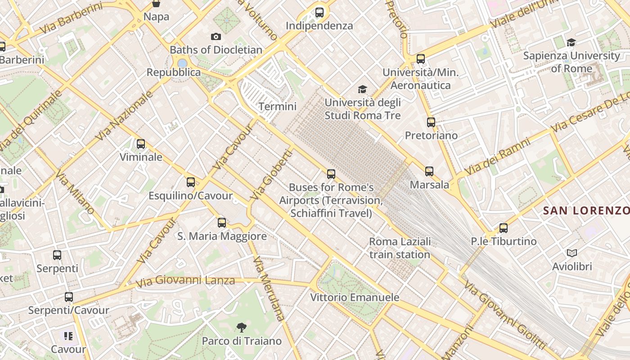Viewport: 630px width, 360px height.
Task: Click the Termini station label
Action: [278, 107]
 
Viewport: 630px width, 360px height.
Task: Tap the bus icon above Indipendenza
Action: [319, 13]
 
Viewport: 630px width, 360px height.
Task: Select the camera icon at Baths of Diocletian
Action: [216, 37]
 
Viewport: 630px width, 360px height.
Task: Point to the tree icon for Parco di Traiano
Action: [242, 327]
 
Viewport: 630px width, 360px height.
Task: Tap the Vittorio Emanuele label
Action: [355, 297]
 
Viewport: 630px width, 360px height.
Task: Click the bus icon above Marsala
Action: [429, 171]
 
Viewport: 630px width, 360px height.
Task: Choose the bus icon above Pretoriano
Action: [431, 122]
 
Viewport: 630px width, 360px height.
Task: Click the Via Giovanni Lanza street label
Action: [185, 281]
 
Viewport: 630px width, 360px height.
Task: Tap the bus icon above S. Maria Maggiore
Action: [222, 223]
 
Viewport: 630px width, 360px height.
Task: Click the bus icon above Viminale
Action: [141, 144]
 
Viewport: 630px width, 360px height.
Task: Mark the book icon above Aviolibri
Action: [572, 253]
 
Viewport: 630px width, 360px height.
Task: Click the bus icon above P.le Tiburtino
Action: [504, 228]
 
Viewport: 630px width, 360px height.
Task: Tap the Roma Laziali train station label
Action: [400, 248]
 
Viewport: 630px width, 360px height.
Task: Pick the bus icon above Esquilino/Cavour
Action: [191, 182]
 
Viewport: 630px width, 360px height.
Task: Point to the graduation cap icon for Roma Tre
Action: [362, 90]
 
